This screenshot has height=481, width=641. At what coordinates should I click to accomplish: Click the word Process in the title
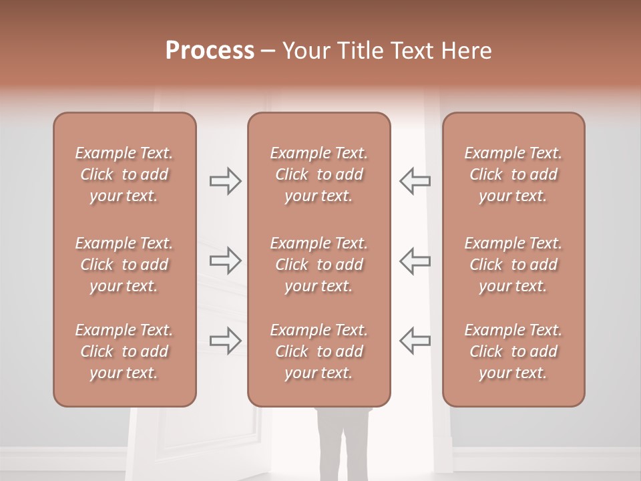pyautogui.click(x=210, y=51)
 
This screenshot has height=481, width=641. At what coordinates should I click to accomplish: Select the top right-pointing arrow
pyautogui.click(x=225, y=181)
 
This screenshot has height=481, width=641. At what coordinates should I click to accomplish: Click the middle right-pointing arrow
pyautogui.click(x=225, y=261)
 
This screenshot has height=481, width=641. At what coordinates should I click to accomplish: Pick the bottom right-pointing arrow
pyautogui.click(x=225, y=341)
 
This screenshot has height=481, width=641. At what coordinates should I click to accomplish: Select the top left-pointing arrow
pyautogui.click(x=415, y=180)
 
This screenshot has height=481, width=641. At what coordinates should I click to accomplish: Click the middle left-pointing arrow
pyautogui.click(x=415, y=261)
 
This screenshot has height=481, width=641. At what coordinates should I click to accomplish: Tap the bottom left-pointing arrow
pyautogui.click(x=415, y=340)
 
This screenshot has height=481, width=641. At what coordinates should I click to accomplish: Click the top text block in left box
pyautogui.click(x=124, y=174)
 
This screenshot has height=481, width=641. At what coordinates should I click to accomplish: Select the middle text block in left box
pyautogui.click(x=124, y=265)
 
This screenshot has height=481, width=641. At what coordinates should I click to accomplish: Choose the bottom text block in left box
pyautogui.click(x=124, y=351)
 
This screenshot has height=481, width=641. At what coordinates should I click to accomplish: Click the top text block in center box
pyautogui.click(x=318, y=174)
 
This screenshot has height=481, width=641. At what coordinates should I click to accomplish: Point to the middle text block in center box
pyautogui.click(x=318, y=265)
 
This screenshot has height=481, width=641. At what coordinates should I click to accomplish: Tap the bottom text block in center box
pyautogui.click(x=318, y=351)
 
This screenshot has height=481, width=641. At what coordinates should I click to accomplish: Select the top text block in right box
pyautogui.click(x=513, y=174)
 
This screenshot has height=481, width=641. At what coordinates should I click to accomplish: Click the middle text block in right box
pyautogui.click(x=513, y=265)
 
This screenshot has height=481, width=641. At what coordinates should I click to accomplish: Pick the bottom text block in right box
pyautogui.click(x=513, y=351)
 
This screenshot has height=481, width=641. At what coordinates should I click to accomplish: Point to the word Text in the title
pyautogui.click(x=411, y=51)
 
